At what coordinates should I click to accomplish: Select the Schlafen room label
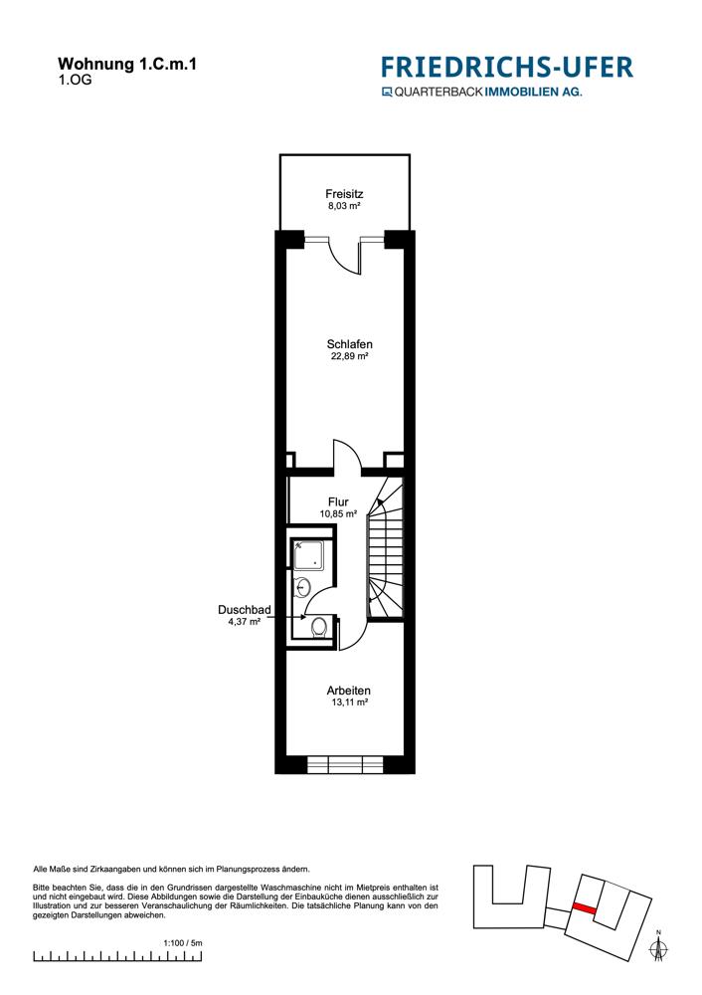pyautogui.click(x=349, y=344)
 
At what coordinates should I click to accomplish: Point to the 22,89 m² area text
pyautogui.click(x=349, y=357)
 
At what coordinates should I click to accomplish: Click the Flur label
pyautogui.click(x=338, y=502)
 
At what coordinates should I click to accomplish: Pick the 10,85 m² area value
pyautogui.click(x=338, y=514)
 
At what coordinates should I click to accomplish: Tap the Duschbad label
pyautogui.click(x=245, y=609)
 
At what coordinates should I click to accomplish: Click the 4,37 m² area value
pyautogui.click(x=245, y=622)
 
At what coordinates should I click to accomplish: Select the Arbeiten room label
pyautogui.click(x=349, y=691)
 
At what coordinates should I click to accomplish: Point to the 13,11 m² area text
pyautogui.click(x=349, y=702)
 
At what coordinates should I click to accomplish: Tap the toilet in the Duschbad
pyautogui.click(x=317, y=627)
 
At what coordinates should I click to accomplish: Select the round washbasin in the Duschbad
pyautogui.click(x=304, y=589)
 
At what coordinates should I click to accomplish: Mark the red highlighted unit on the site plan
pyautogui.click(x=584, y=909)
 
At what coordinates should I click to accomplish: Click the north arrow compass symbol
pyautogui.click(x=657, y=946)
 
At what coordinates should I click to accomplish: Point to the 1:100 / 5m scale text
pyautogui.click(x=183, y=942)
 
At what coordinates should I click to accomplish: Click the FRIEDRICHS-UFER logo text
pyautogui.click(x=506, y=68)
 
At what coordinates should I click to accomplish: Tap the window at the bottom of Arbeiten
pyautogui.click(x=345, y=764)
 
